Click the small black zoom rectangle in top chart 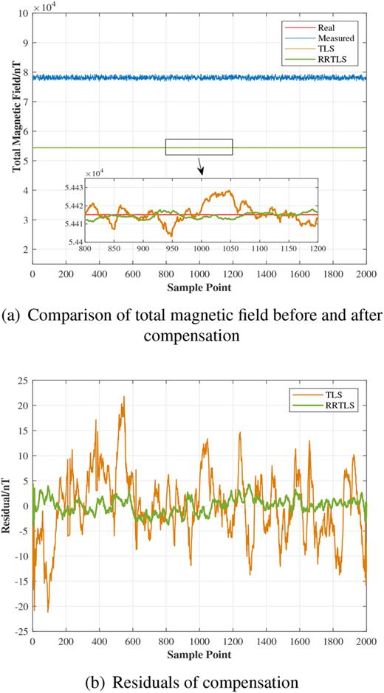[199, 147]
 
